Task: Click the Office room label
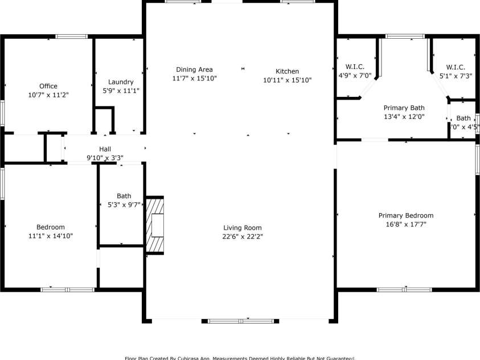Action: tap(48, 87)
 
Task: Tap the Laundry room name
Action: tap(120, 82)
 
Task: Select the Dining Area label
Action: tap(194, 69)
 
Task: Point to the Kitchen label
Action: tap(287, 72)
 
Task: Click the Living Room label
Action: tap(243, 228)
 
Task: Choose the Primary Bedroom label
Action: tap(406, 215)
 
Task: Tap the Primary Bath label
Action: tap(404, 108)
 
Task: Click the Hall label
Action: tap(105, 149)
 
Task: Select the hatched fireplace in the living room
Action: tap(155, 224)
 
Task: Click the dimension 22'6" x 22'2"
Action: tap(243, 236)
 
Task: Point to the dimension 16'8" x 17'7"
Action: tap(406, 224)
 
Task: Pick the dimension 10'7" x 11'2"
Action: tap(48, 95)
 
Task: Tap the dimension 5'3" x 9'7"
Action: tap(124, 204)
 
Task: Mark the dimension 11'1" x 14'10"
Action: tap(51, 235)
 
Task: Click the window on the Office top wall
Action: tap(71, 37)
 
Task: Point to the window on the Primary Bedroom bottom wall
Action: tap(404, 289)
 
